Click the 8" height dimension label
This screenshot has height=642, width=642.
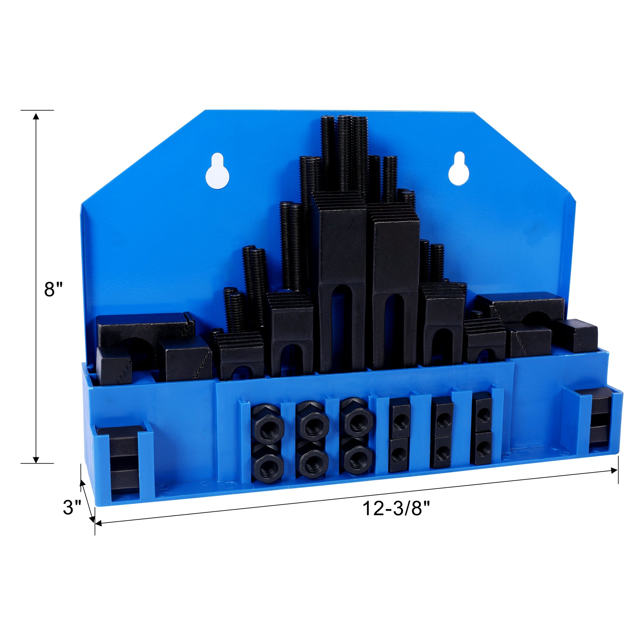click(x=53, y=289)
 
